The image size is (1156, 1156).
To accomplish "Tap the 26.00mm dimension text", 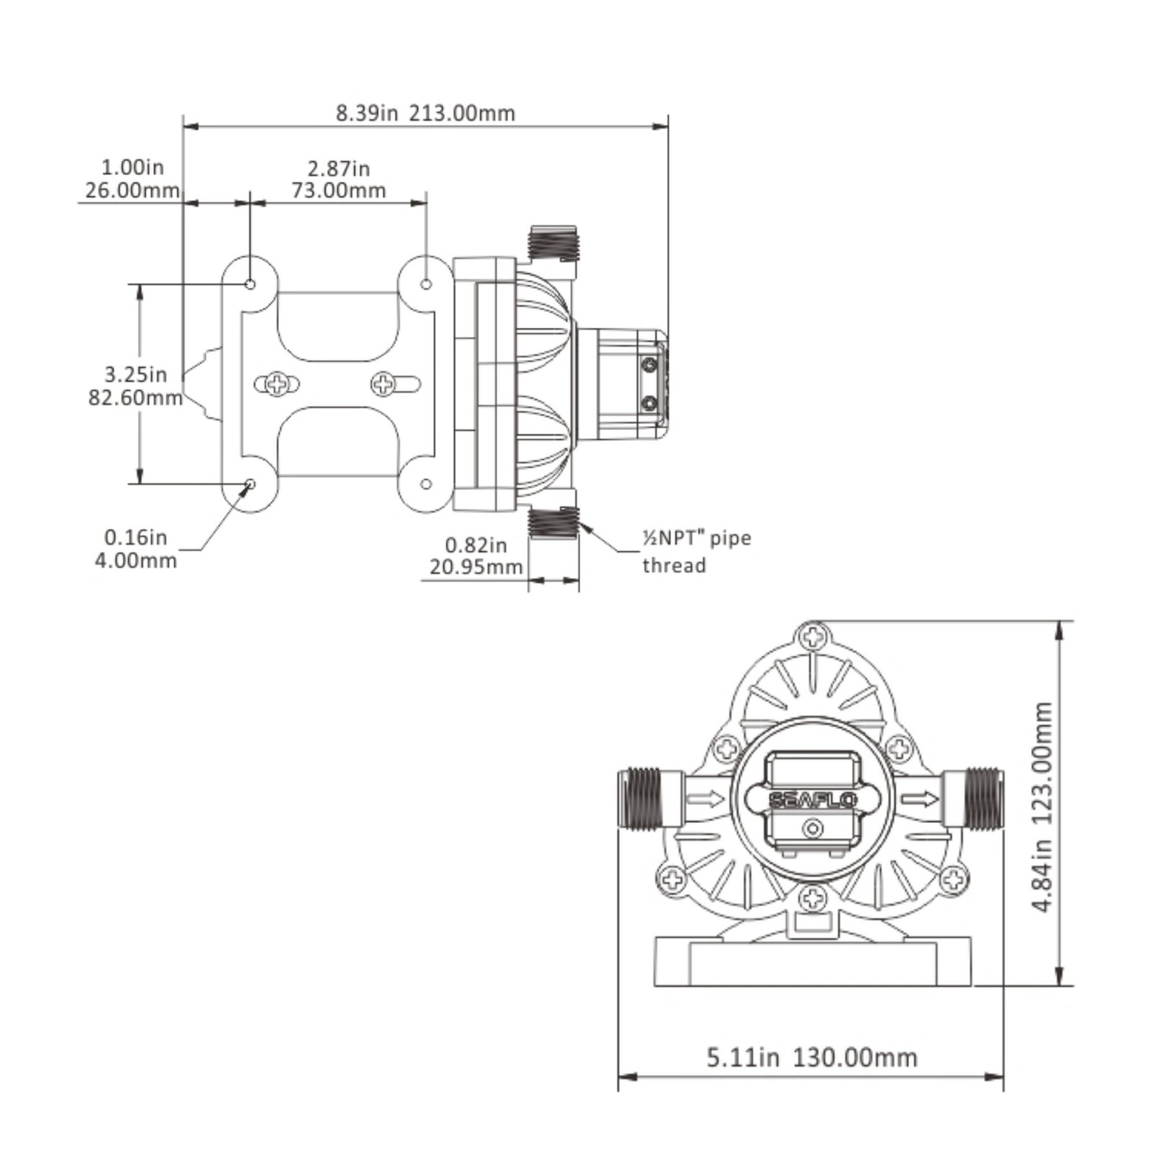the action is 132,191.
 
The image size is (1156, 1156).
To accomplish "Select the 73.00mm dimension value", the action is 339,191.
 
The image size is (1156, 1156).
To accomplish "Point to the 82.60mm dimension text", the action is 135,397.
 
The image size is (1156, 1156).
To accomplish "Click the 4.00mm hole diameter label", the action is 136,560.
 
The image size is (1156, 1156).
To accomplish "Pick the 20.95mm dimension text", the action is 476,567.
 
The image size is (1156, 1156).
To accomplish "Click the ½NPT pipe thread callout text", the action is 696,551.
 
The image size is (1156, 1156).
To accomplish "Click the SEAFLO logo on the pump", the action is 813,800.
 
